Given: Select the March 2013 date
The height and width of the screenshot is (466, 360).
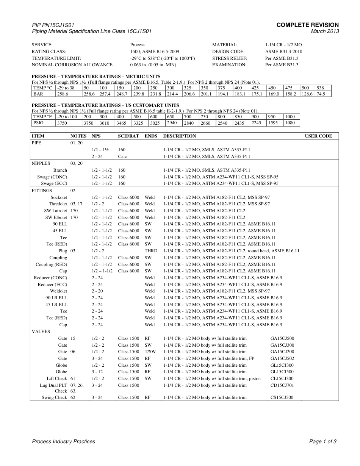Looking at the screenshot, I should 325,31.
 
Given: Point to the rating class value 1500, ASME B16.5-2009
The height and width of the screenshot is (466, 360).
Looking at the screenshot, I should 155,52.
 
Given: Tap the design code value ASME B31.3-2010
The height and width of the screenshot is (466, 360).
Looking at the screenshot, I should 283,52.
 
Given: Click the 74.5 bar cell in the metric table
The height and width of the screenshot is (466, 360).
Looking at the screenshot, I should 321,94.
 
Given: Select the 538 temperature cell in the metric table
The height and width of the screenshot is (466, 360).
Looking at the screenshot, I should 320,88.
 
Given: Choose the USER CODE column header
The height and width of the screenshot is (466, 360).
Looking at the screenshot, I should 318,136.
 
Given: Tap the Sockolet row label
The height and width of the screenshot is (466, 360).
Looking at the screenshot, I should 59,197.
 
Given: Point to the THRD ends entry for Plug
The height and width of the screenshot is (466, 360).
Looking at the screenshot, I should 151,251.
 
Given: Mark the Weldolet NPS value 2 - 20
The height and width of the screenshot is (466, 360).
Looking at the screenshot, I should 97,291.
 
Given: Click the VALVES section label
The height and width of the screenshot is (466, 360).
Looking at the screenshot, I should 41,332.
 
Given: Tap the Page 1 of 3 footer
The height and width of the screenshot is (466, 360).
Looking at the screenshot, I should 323,441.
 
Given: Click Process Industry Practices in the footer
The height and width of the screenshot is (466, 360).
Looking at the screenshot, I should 63,441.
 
